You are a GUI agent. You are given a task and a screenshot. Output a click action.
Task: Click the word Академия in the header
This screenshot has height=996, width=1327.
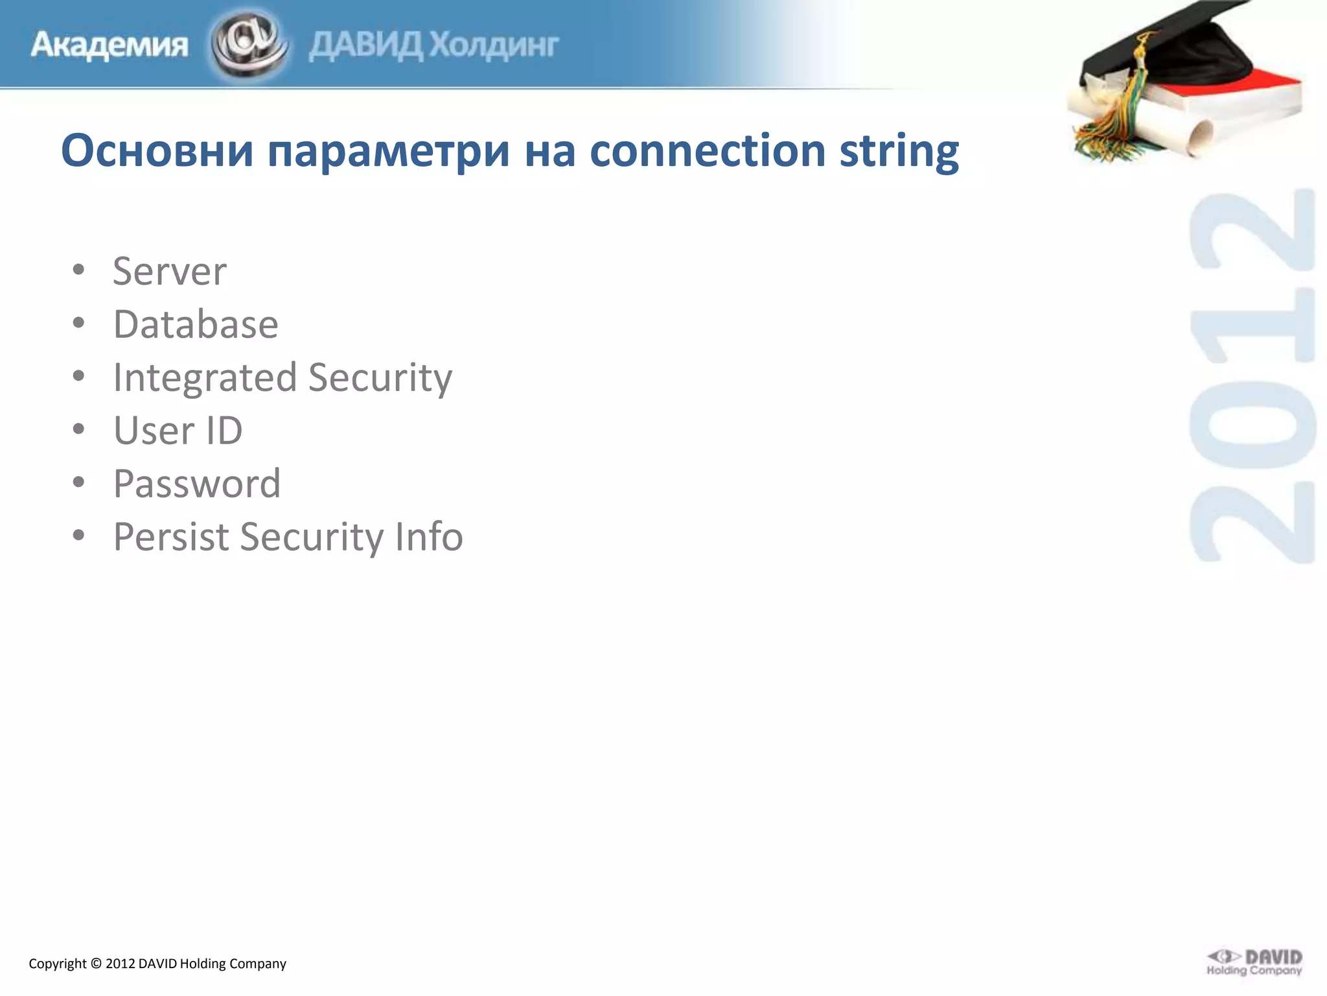(109, 45)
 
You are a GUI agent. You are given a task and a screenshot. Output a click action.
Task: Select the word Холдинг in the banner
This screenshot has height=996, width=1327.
(494, 45)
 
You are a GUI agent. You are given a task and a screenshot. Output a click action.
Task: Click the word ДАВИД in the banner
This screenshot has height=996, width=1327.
(365, 45)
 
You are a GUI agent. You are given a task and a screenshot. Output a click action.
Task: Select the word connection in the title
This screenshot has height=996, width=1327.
(707, 150)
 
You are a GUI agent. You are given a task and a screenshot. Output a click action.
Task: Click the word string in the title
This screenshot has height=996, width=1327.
(899, 152)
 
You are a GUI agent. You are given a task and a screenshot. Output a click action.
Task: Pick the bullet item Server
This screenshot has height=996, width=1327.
(170, 271)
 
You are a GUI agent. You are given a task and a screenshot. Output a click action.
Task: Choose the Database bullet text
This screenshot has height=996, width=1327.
(196, 324)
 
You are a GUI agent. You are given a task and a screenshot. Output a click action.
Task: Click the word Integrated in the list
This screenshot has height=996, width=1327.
(205, 377)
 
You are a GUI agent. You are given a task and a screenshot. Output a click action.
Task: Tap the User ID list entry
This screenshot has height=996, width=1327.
(178, 431)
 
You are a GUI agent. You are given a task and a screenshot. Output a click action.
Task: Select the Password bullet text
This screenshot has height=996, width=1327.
(197, 484)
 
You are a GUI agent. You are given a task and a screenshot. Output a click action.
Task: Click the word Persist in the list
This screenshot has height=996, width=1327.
(171, 537)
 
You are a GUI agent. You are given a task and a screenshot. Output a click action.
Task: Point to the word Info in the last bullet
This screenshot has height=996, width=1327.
(429, 537)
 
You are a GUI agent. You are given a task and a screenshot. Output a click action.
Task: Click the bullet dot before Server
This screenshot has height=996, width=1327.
(78, 270)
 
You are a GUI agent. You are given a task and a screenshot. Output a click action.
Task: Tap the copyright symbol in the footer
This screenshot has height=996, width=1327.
(96, 964)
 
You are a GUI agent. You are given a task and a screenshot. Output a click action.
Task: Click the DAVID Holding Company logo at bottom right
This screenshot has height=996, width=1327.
(1254, 962)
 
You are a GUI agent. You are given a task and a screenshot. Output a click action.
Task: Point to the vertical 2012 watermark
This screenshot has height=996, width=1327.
(1252, 376)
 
